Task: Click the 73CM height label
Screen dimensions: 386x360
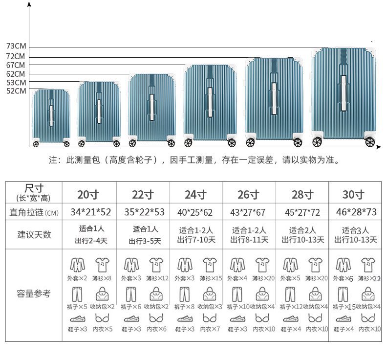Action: coord(16,46)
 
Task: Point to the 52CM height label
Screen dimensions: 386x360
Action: coord(16,91)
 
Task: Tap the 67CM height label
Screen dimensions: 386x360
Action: coord(16,65)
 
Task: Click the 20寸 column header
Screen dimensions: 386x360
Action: coord(88,195)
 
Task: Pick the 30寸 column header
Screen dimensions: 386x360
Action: coord(353,195)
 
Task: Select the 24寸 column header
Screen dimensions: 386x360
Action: coord(195,195)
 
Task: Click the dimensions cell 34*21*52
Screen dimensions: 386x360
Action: coord(90,212)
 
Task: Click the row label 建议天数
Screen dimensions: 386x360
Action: coord(34,234)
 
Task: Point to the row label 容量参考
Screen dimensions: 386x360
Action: coord(34,294)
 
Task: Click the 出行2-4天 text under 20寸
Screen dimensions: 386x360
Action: coord(91,240)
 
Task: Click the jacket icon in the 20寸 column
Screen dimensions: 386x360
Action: coord(77,265)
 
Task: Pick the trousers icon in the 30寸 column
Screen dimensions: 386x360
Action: coord(343,294)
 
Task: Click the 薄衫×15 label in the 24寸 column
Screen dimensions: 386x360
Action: coord(210,278)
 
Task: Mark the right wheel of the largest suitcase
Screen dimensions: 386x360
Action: coord(370,142)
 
